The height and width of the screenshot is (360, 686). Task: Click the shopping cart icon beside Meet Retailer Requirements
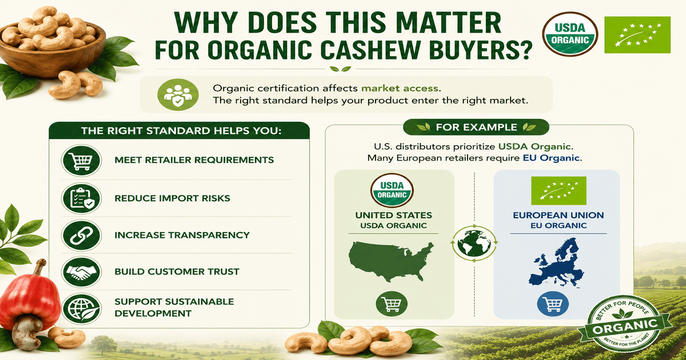(x=81, y=161)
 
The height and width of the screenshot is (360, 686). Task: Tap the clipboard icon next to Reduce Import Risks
(x=81, y=198)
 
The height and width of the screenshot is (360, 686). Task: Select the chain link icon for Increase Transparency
(x=81, y=235)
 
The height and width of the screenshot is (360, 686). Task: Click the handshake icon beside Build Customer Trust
(x=81, y=272)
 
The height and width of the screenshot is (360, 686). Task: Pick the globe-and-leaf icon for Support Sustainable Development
(x=81, y=309)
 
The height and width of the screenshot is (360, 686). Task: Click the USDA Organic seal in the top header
(x=570, y=34)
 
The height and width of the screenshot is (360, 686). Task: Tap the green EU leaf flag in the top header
(x=637, y=35)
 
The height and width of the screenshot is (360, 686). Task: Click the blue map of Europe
(x=556, y=263)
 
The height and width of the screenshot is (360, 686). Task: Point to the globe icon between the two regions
(x=474, y=243)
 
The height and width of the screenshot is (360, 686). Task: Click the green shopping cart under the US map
(x=392, y=303)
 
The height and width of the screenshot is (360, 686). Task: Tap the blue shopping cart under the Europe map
(x=553, y=303)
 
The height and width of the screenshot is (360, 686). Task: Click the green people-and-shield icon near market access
(x=178, y=95)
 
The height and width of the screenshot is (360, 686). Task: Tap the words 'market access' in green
(x=400, y=88)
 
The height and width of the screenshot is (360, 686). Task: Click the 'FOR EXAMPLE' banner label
(x=476, y=127)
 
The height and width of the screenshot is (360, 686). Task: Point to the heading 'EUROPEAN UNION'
(x=559, y=215)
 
